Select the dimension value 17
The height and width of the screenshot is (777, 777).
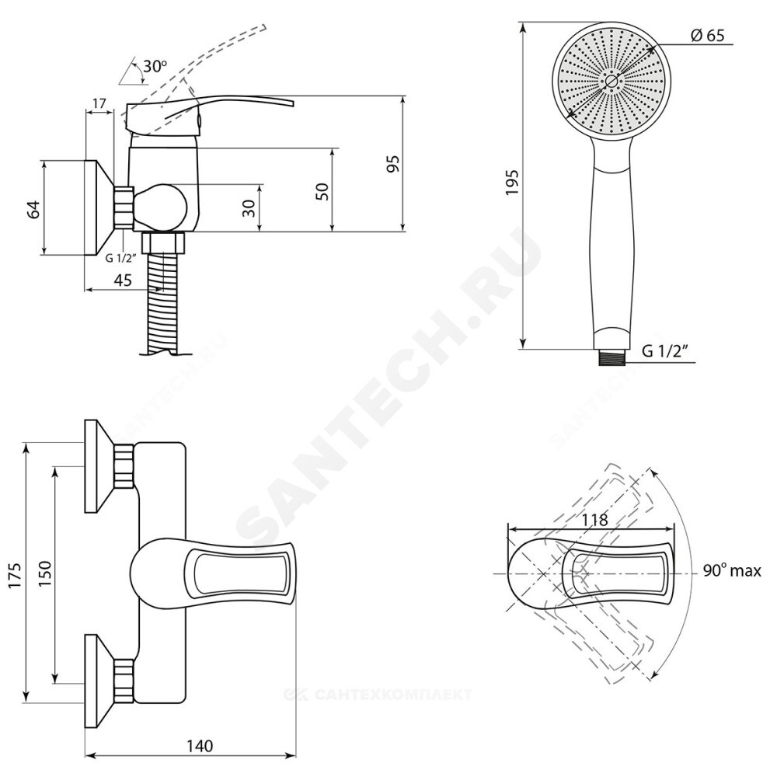(99, 103)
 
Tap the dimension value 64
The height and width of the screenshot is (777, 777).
(33, 208)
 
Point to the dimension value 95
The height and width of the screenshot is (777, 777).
(393, 164)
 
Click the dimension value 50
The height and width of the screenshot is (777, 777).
(322, 191)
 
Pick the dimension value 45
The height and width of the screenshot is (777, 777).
(123, 280)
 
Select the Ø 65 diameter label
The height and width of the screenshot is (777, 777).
(707, 35)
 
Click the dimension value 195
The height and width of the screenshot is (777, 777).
(511, 183)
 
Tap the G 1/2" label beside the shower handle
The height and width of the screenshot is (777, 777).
(666, 351)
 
